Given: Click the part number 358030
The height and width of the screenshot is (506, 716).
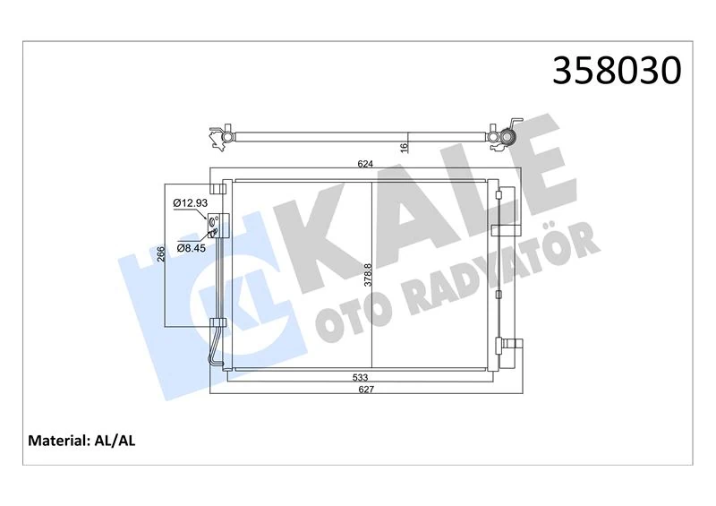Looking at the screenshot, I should pyautogui.click(x=617, y=71).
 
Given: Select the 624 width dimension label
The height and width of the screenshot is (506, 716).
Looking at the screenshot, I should pyautogui.click(x=364, y=165).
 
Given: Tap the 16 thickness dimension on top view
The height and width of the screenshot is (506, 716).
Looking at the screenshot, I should pyautogui.click(x=405, y=145).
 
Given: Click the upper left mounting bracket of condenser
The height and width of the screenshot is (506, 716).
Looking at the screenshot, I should pyautogui.click(x=216, y=189).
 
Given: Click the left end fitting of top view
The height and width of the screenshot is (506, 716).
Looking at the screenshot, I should pyautogui.click(x=218, y=136).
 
